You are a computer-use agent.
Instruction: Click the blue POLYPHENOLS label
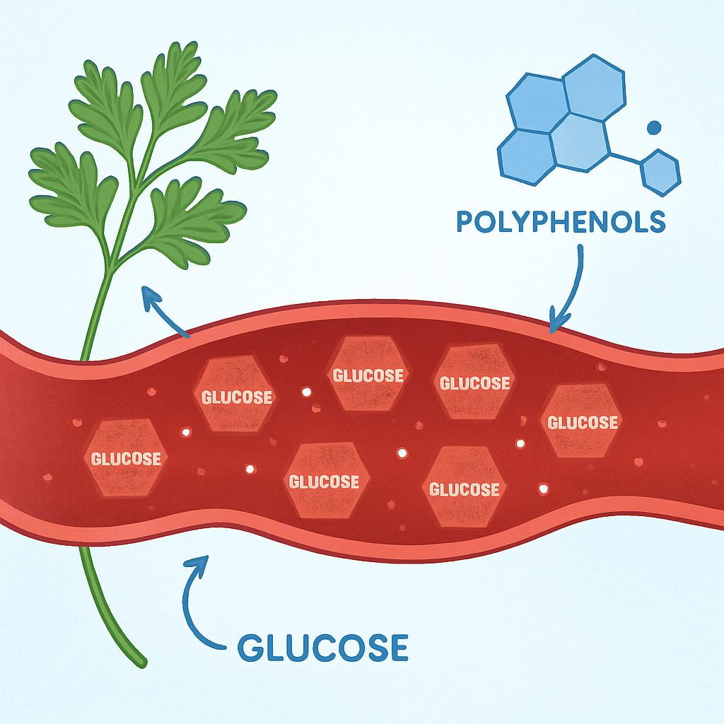tap(561, 221)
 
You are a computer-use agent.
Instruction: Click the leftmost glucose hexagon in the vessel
tap(125, 457)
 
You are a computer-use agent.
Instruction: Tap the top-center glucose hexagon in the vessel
tap(368, 374)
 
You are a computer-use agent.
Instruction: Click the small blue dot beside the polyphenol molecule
tap(654, 127)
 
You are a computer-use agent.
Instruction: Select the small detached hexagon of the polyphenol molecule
tap(661, 171)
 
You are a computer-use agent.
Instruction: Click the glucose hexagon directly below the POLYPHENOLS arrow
tap(474, 382)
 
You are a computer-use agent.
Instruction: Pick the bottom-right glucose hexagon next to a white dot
tap(465, 488)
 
